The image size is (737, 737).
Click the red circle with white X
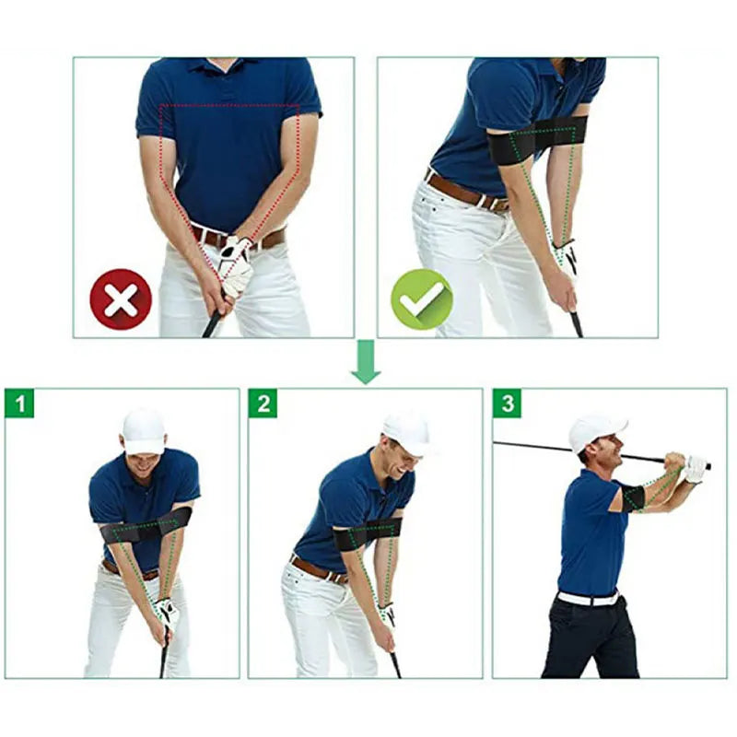coord(121,298)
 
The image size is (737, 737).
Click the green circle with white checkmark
coord(421,298)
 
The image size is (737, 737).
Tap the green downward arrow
coord(366,362)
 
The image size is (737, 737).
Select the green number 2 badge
coord(263,404)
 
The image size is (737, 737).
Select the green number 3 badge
coord(507,404)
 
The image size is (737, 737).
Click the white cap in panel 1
coord(144,431)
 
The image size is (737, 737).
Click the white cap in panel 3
coord(594,430)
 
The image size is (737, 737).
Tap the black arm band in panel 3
coord(633,498)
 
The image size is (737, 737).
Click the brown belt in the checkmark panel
coord(465,192)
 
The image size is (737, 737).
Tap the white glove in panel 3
coord(695,469)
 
